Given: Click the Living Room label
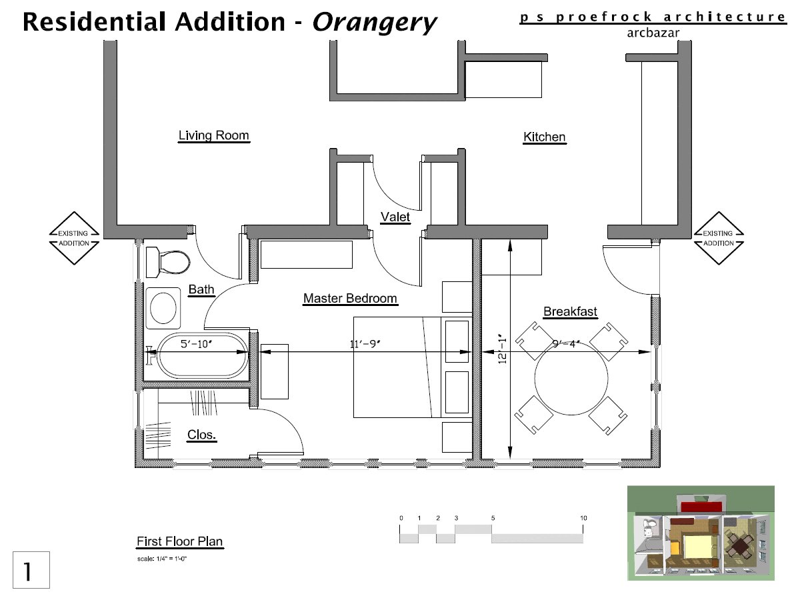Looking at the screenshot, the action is click(x=213, y=135).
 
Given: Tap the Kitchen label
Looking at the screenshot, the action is click(x=545, y=137).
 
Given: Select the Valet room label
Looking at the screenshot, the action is click(x=395, y=217).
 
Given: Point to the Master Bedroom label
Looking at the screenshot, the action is click(x=350, y=299).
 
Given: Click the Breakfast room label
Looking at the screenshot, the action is click(x=571, y=312).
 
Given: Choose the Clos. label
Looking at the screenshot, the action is click(x=201, y=435).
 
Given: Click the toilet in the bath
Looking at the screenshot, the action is click(x=167, y=262).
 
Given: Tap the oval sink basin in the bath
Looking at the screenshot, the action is click(x=163, y=308).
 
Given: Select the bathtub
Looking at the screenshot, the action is click(x=203, y=355).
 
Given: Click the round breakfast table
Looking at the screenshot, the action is click(x=571, y=379).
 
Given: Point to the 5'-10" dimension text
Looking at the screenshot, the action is click(x=197, y=344).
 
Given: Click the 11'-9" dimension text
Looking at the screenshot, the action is click(x=365, y=344).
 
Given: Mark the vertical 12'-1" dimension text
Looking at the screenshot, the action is click(x=503, y=349).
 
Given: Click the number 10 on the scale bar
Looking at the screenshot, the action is click(x=583, y=518).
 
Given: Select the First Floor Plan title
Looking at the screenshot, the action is click(x=180, y=541).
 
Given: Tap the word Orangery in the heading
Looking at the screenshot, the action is click(x=374, y=23).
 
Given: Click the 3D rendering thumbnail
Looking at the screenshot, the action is click(x=701, y=533).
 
